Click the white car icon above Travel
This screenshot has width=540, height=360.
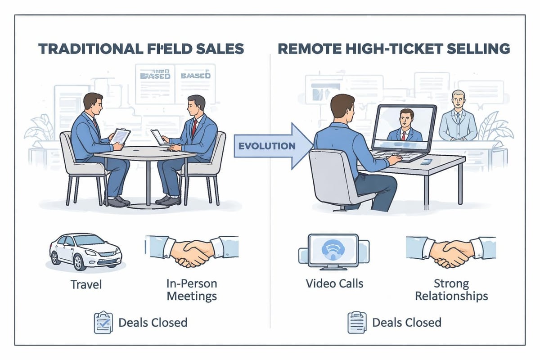(x=85, y=251)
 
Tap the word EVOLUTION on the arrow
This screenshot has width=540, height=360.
(x=267, y=146)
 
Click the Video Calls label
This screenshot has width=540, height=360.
(x=334, y=284)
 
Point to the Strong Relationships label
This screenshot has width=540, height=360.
(x=451, y=290)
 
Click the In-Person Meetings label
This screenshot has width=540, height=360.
(x=192, y=290)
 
